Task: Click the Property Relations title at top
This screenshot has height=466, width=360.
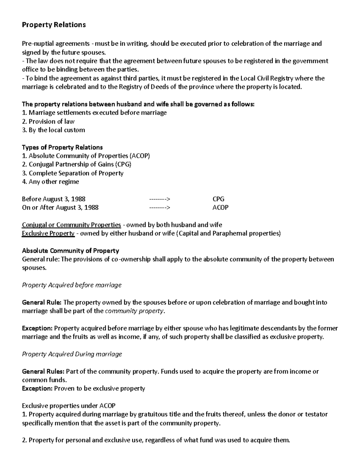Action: pos(54,25)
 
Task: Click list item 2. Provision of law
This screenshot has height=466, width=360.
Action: pos(48,122)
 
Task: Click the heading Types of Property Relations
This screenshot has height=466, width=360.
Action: pos(62,147)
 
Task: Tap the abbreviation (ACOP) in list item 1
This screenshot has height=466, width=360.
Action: pos(139,156)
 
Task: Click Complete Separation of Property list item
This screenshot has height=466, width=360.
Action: pos(73,173)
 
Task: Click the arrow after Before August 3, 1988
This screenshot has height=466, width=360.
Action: pos(160,199)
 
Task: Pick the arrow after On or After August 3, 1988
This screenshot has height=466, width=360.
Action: pos(160,208)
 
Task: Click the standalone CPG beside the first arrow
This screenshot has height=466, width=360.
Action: pos(218,199)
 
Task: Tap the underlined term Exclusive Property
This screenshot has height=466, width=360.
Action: pos(48,233)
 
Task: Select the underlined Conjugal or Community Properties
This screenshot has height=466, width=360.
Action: pos(71,225)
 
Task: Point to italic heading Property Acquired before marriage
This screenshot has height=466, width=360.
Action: pos(72,285)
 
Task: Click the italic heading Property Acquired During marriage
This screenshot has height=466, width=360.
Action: pos(72,354)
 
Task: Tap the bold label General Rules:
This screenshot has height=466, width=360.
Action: pos(43,371)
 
